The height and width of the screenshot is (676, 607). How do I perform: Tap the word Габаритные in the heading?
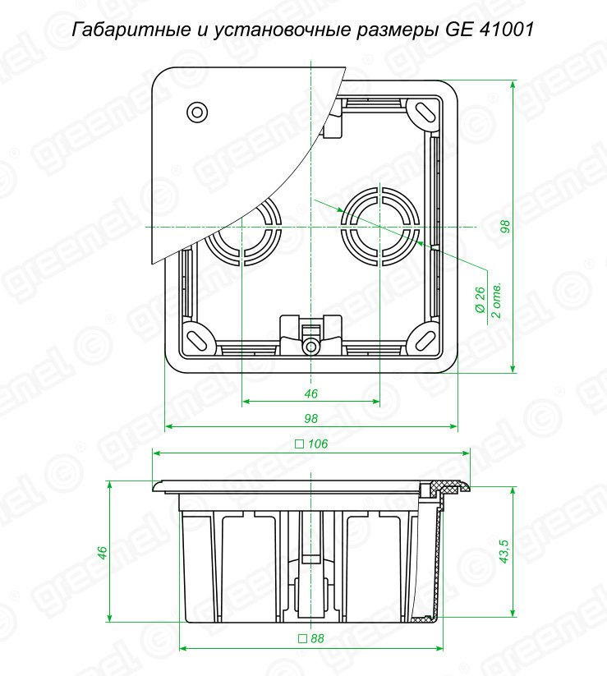tap(131, 30)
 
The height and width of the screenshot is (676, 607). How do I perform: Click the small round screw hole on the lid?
tap(197, 113)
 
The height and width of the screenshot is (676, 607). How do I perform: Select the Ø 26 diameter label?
tap(480, 300)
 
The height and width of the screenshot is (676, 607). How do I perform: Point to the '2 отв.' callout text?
tap(497, 301)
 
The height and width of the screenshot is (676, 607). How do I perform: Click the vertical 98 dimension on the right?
tap(505, 227)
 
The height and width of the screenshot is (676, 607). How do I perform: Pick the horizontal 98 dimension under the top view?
tap(310, 418)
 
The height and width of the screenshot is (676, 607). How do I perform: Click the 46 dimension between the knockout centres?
tap(310, 393)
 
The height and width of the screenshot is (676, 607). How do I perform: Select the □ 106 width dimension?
tap(311, 444)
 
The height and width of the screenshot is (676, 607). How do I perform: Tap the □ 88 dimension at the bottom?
tap(311, 638)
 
